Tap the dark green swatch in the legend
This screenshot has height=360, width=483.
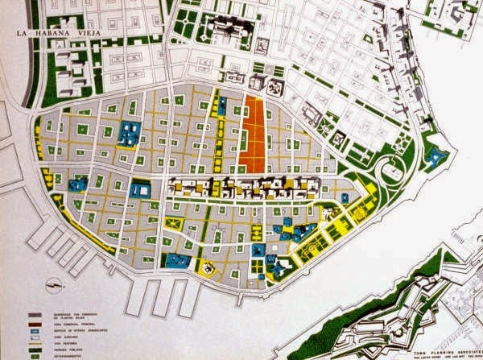pyautogui.click(x=35, y=350)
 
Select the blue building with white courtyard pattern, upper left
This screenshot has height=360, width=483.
pyautogui.click(x=127, y=134)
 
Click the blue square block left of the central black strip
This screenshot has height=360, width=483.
pyautogui.click(x=140, y=190)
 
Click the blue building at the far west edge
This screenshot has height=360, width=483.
pyautogui.click(x=77, y=184)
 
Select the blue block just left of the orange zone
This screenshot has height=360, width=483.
pyautogui.click(x=221, y=106)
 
